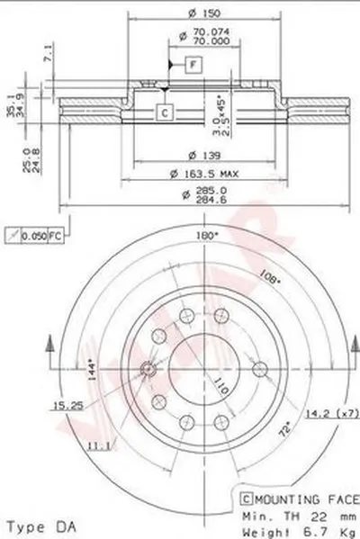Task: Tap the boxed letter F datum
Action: (193, 63)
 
